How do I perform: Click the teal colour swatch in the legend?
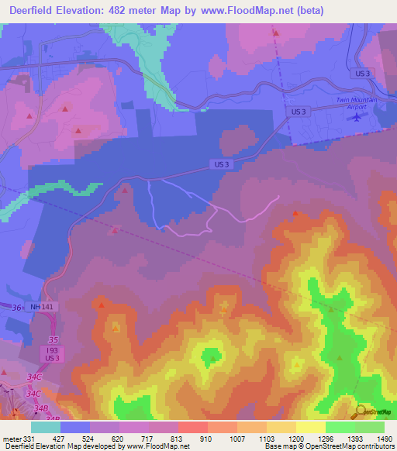tap(46, 427)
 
